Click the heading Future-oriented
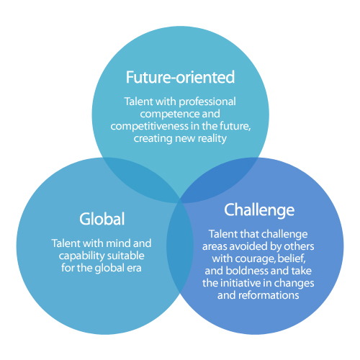point(180,77)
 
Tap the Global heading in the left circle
point(102,219)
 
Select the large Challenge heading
point(259,210)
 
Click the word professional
point(207,102)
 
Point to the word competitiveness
point(149,126)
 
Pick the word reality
point(212,139)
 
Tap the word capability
point(81,256)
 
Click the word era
point(134,269)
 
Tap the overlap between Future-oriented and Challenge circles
point(220,179)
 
